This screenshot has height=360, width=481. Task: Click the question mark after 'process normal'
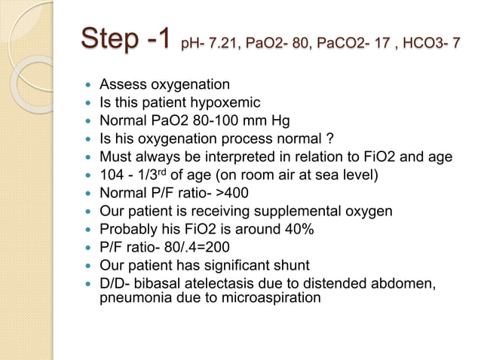[311, 138]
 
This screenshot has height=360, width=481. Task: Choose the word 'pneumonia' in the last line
[131, 297]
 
